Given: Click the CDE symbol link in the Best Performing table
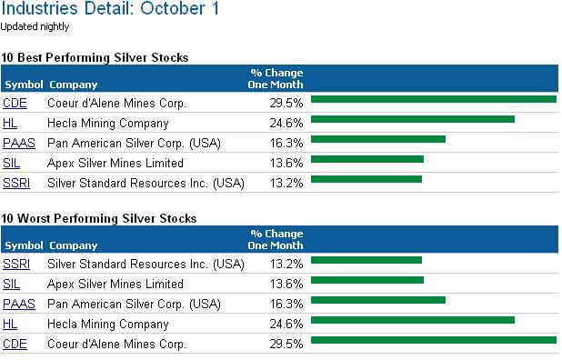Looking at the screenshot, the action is [x=15, y=103].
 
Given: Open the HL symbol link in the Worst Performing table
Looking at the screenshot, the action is [x=10, y=325].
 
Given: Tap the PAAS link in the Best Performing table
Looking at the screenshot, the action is [x=19, y=144].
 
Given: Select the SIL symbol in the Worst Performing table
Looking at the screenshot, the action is [x=11, y=284].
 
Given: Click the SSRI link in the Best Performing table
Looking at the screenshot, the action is [x=16, y=184].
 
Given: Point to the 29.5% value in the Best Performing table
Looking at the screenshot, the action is [x=286, y=103].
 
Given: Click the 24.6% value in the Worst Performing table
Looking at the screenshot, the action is [x=286, y=325].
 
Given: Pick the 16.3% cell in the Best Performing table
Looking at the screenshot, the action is [x=286, y=144].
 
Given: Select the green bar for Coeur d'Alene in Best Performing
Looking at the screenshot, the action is [x=434, y=99].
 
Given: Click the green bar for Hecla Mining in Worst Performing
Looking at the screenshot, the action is [x=413, y=320].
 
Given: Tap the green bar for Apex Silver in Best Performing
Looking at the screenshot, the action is [x=367, y=159].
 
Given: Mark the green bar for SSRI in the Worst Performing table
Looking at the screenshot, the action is [x=366, y=260].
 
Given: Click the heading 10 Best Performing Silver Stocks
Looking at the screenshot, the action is [x=95, y=57].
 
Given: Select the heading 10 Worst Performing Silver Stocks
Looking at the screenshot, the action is [x=99, y=218].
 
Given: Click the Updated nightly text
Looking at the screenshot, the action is [x=35, y=27].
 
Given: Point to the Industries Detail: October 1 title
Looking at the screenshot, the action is [x=110, y=8].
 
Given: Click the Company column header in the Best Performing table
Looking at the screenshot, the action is [x=74, y=85].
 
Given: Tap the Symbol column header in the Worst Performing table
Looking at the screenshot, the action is [x=24, y=245].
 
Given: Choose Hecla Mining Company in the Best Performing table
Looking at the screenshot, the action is [x=108, y=124].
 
